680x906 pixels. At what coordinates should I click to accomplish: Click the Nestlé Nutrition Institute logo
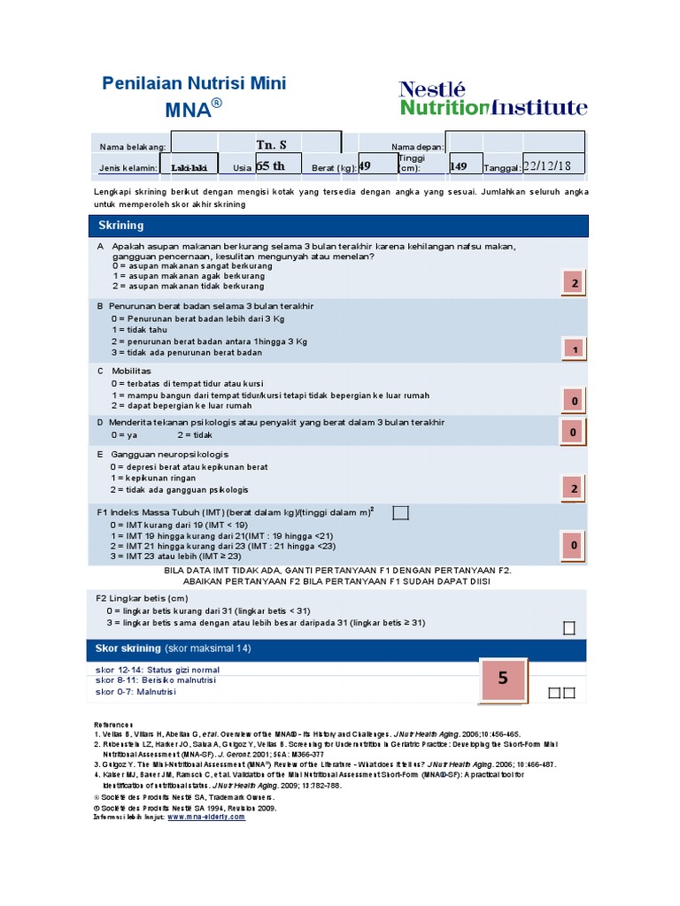tap(492, 98)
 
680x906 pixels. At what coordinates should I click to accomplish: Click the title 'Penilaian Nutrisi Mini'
tap(195, 83)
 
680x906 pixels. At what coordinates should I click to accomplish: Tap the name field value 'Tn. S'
tap(271, 144)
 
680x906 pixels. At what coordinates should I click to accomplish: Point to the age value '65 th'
tap(270, 166)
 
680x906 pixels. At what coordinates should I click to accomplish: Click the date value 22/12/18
tap(546, 166)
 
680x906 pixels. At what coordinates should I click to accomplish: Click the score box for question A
tap(574, 283)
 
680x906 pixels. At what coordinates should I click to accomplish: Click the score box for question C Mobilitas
tap(574, 402)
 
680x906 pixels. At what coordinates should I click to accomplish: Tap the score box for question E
tap(574, 488)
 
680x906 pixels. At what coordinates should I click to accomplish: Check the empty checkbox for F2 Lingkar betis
tap(569, 628)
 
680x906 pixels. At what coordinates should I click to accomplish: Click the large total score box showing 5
tap(503, 679)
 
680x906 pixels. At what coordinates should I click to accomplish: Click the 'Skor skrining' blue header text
tap(128, 649)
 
